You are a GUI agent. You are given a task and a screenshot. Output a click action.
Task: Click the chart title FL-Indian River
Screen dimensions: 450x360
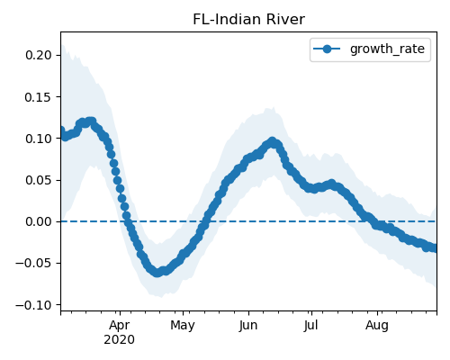tap(248, 20)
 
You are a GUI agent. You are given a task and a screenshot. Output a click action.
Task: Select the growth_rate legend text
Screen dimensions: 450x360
tap(387, 49)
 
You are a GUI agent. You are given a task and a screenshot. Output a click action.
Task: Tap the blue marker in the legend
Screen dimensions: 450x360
tap(327, 49)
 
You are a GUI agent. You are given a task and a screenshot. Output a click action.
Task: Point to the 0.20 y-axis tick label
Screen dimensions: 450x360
tap(38, 55)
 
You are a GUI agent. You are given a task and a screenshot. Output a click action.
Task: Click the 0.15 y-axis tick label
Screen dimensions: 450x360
tap(38, 97)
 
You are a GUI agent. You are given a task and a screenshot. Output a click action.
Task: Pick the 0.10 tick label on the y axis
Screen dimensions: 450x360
tap(38, 139)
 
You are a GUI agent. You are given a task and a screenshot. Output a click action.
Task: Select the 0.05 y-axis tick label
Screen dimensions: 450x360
tap(38, 180)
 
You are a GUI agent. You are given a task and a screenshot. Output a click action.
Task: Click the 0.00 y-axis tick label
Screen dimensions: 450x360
tap(38, 221)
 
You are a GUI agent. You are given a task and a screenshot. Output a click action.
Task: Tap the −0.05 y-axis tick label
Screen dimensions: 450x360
tap(33, 264)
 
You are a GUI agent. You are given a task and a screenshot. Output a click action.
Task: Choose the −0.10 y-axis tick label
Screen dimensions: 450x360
tap(33, 305)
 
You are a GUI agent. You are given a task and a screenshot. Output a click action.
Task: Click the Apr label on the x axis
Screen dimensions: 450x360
tap(120, 326)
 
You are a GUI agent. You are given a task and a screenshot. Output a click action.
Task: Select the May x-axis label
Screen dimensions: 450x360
tap(183, 326)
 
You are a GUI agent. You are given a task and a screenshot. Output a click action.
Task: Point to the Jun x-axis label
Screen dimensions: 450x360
tap(248, 326)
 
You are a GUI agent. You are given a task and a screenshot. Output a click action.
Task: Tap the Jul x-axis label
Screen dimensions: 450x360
tap(310, 326)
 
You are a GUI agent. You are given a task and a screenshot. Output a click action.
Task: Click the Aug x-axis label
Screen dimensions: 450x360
tap(377, 326)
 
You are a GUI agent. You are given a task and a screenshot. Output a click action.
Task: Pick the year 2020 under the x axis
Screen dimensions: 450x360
tap(119, 340)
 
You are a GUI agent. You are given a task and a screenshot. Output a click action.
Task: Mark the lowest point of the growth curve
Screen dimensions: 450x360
tap(157, 273)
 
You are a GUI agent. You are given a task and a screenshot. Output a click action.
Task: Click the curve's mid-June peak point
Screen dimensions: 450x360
tap(273, 141)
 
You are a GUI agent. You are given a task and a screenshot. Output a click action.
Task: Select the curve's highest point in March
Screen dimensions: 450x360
tap(91, 121)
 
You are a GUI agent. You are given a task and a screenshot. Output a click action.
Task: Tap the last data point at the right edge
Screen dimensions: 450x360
tap(435, 248)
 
